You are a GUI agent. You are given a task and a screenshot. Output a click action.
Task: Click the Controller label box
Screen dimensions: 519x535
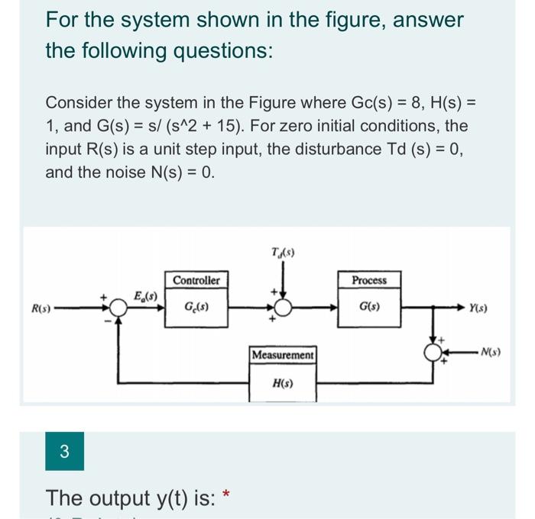tap(196, 281)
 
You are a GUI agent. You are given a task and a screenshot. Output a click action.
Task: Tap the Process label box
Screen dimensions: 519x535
tap(369, 281)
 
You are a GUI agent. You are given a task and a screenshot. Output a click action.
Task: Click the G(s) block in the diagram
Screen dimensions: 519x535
tap(369, 308)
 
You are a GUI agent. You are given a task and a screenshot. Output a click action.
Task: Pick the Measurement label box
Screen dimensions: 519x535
tap(283, 356)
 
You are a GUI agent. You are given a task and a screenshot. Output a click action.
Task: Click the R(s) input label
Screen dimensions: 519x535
tap(41, 309)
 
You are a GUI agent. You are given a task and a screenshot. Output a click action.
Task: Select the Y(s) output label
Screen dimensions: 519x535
tap(481, 309)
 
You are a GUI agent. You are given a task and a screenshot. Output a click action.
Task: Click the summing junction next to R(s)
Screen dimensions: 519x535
tap(118, 308)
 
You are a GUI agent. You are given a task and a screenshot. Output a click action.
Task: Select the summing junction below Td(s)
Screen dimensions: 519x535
tap(282, 308)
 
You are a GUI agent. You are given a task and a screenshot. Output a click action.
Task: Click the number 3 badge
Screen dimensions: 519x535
tap(64, 451)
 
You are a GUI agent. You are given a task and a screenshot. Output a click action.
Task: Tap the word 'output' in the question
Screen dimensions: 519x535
tap(119, 498)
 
